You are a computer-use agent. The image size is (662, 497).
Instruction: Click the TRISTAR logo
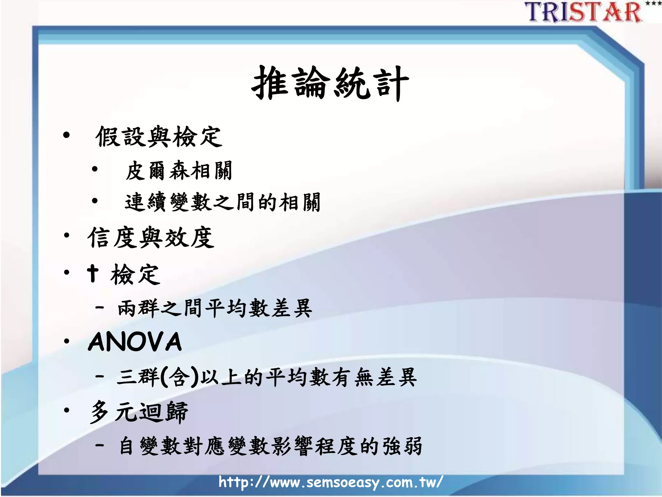tap(584, 12)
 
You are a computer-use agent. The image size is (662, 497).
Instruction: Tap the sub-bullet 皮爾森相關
tap(179, 171)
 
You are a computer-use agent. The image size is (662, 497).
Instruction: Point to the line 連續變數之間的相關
tap(223, 202)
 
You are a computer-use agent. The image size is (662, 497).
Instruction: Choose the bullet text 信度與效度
tap(151, 238)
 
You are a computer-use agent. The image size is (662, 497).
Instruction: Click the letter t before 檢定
tap(93, 273)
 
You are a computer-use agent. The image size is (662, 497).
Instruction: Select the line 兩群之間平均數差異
tap(215, 308)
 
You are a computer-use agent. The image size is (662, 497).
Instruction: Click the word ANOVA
tap(135, 342)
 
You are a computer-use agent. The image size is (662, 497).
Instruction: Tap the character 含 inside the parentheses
tap(180, 377)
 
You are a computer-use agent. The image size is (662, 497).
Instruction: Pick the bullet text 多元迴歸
tap(139, 412)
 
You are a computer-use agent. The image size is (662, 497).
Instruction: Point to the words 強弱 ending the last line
tap(402, 446)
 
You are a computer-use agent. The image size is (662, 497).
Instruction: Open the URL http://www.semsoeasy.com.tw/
tap(330, 482)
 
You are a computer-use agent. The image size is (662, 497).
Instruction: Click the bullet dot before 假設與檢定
tap(66, 135)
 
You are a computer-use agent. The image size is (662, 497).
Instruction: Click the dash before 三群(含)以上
tap(100, 376)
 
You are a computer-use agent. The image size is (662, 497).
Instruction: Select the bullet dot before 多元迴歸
tap(67, 411)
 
